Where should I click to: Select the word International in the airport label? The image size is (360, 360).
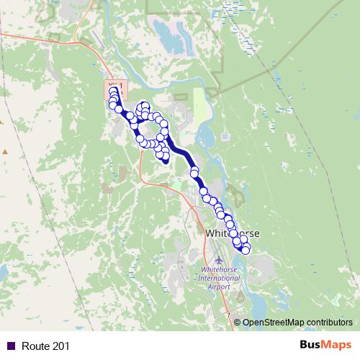[219, 279]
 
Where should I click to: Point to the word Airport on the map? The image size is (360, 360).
[219, 286]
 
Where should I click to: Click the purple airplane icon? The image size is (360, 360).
[219, 260]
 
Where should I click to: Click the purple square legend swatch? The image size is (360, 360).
[9, 346]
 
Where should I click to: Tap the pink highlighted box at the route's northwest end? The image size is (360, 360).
[115, 88]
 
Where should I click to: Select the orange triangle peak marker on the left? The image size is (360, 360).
[5, 152]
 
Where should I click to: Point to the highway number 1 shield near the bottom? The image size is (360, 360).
[228, 316]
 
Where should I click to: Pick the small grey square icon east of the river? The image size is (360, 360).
[225, 135]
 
